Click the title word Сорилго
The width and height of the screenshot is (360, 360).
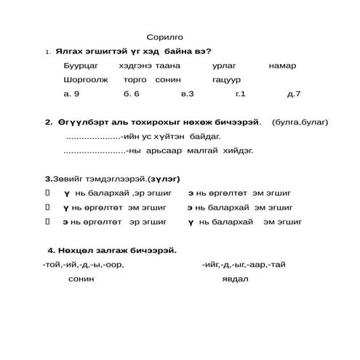pyautogui.click(x=165, y=36)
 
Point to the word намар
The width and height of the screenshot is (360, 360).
pyautogui.click(x=282, y=65)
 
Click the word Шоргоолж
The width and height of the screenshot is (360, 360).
pyautogui.click(x=85, y=79)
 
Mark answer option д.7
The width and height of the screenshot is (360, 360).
pyautogui.click(x=293, y=94)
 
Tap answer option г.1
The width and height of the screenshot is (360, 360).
pyautogui.click(x=241, y=94)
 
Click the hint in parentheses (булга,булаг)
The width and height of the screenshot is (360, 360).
pyautogui.click(x=299, y=121)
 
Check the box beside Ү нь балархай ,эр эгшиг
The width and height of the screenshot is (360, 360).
pyautogui.click(x=47, y=193)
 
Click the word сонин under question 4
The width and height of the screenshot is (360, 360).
pyautogui.click(x=81, y=279)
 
